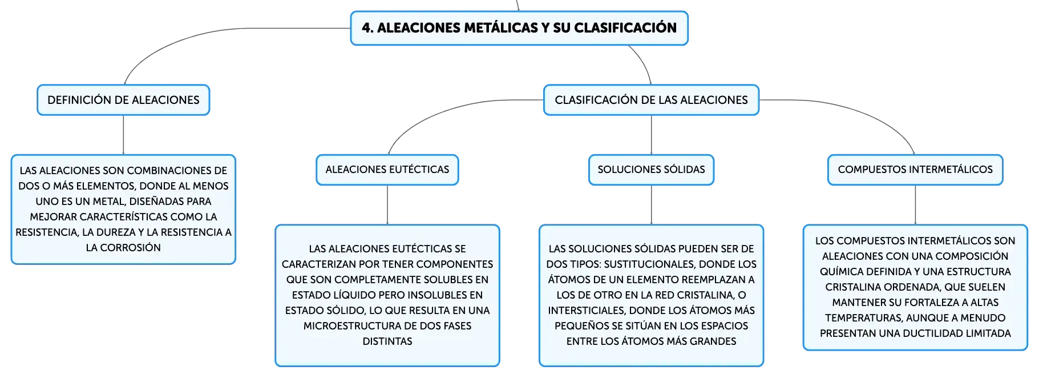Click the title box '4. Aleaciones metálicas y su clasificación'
tap(519, 28)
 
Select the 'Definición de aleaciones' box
tap(123, 100)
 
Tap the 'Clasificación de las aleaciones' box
tap(651, 100)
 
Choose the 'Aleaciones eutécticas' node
tap(387, 170)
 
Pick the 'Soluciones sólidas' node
tap(651, 170)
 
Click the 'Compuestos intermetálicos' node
tap(915, 170)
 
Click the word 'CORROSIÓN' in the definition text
tap(131, 248)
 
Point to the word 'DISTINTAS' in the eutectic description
tap(387, 341)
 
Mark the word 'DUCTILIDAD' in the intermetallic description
tap(944, 333)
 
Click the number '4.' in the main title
tap(368, 28)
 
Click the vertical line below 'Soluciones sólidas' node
tap(651, 205)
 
